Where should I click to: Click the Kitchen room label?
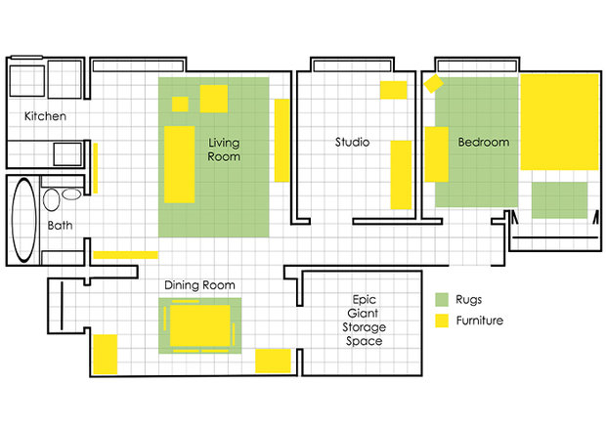point(45,116)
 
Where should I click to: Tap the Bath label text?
point(60,225)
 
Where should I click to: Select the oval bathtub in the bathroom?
point(24,220)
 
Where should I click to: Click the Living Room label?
point(224,150)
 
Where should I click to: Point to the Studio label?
point(352,142)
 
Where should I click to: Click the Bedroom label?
point(484,142)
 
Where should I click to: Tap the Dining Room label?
point(199,285)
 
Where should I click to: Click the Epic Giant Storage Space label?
point(364,321)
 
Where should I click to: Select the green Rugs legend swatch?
point(442,299)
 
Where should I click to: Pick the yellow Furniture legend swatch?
point(442,321)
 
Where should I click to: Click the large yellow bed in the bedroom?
point(560,122)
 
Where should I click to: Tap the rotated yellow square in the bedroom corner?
point(433,83)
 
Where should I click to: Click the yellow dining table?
point(199,325)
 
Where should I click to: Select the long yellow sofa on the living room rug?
point(179,164)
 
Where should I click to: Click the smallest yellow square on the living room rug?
point(180,104)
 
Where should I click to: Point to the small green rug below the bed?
point(560,200)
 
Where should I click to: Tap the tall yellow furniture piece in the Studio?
point(401,175)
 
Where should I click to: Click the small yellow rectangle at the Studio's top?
point(394,90)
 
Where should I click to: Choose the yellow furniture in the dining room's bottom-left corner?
point(106,354)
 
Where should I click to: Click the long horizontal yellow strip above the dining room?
point(126,255)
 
